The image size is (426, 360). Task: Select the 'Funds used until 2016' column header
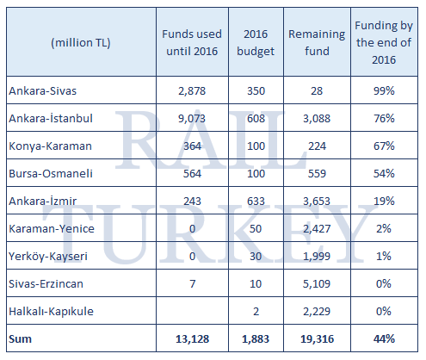point(192,41)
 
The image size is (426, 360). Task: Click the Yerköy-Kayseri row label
point(43,256)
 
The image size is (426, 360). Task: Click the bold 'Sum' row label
point(18,338)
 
